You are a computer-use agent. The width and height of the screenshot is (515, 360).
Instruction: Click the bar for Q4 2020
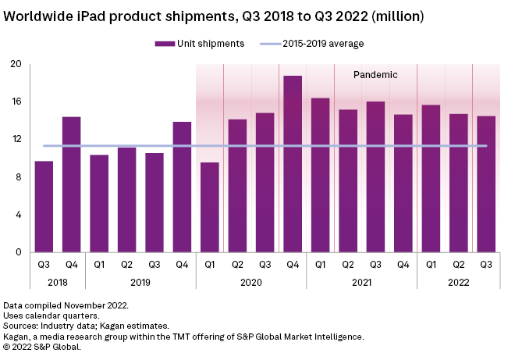pos(293,164)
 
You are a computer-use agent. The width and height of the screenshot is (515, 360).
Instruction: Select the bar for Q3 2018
pos(44,207)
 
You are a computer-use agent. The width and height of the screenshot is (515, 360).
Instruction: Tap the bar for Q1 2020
pos(210,208)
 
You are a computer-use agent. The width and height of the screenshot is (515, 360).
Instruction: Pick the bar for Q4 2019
pos(182,187)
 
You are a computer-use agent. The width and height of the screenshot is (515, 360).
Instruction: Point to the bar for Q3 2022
pos(486,184)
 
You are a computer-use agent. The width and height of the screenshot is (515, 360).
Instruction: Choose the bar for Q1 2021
pos(320,175)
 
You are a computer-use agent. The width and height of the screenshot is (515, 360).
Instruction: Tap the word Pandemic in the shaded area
pos(375,76)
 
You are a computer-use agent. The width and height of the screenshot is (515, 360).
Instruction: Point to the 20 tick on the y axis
pos(15,64)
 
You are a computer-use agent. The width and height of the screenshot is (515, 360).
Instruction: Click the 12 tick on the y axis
pos(15,139)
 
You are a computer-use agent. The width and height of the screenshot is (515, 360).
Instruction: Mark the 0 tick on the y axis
pos(18,252)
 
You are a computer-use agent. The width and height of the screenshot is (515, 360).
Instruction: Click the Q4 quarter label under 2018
pos(71,263)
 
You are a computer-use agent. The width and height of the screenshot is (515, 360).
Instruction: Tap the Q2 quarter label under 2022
pos(458,263)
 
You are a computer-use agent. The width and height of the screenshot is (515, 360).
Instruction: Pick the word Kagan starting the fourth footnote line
pos(17,336)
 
